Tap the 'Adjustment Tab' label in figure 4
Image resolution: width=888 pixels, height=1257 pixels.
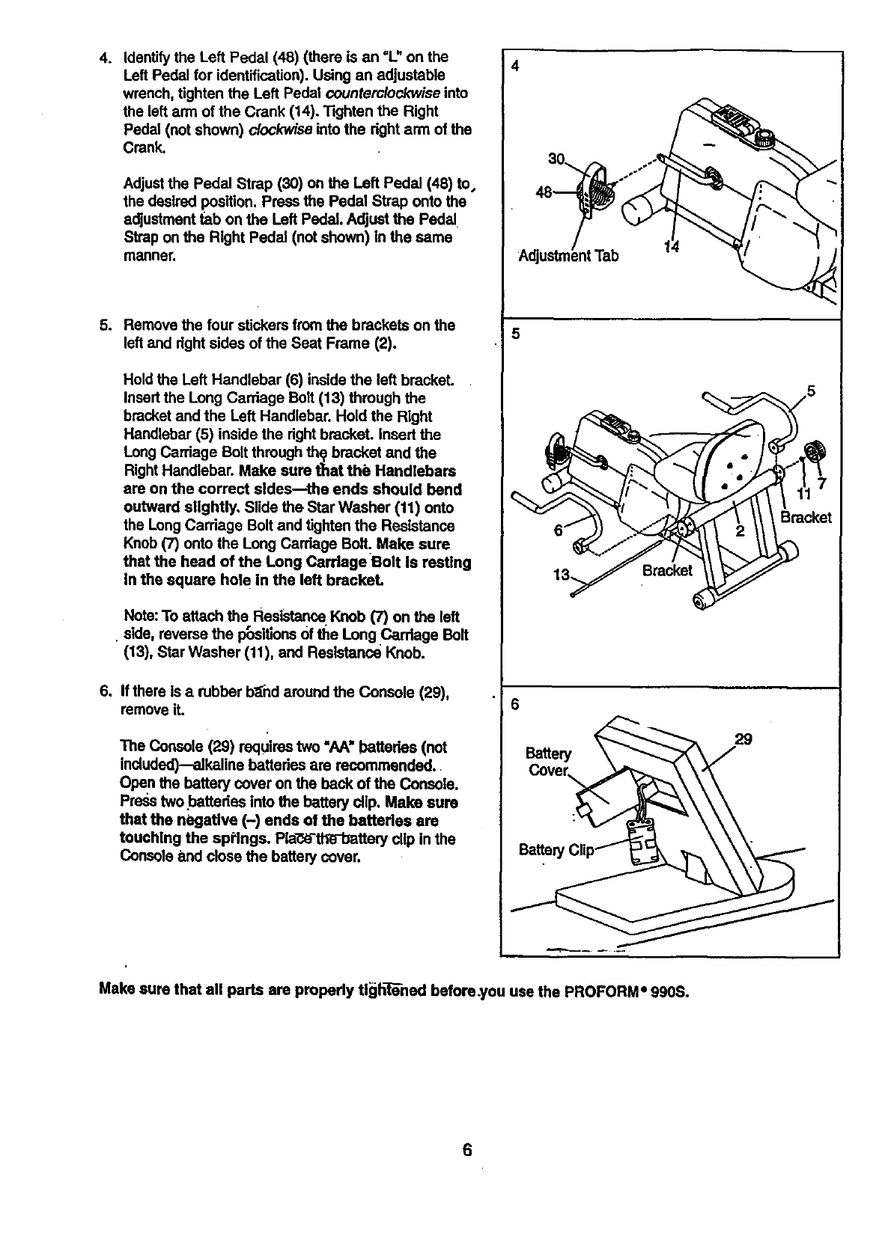[569, 256]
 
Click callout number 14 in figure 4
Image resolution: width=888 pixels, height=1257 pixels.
[672, 249]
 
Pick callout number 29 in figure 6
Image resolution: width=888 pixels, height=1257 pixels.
[743, 739]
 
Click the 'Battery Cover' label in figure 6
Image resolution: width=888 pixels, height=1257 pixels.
[549, 761]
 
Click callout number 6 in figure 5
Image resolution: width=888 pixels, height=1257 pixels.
[558, 529]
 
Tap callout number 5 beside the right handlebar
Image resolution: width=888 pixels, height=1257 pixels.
[810, 391]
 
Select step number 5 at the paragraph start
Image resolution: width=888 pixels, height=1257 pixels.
[104, 325]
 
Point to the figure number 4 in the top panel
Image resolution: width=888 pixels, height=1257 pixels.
[515, 66]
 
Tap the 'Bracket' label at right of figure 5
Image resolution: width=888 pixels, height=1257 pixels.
[806, 518]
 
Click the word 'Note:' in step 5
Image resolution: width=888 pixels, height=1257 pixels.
[139, 617]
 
